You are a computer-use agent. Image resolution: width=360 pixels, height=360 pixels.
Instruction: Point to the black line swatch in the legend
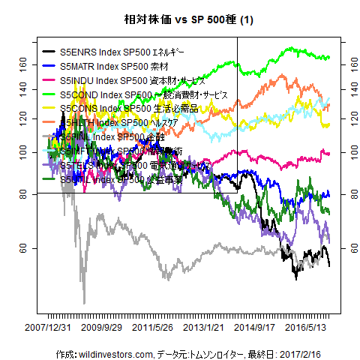pyautogui.click(x=48, y=53)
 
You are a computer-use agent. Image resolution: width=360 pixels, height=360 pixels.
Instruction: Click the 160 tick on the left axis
pyautogui.click(x=27, y=66)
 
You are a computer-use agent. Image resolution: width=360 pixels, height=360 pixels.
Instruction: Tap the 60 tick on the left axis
pyautogui.click(x=27, y=247)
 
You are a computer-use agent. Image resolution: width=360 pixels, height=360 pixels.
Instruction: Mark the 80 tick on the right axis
pyautogui.click(x=350, y=194)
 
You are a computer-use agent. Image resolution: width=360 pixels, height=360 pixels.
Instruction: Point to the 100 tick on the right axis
pyautogui.click(x=350, y=152)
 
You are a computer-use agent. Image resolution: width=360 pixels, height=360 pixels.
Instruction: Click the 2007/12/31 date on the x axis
pyautogui.click(x=48, y=328)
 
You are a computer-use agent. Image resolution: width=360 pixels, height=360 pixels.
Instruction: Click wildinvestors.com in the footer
pyautogui.click(x=113, y=353)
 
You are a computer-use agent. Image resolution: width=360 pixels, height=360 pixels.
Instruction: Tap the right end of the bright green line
pyautogui.click(x=329, y=58)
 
